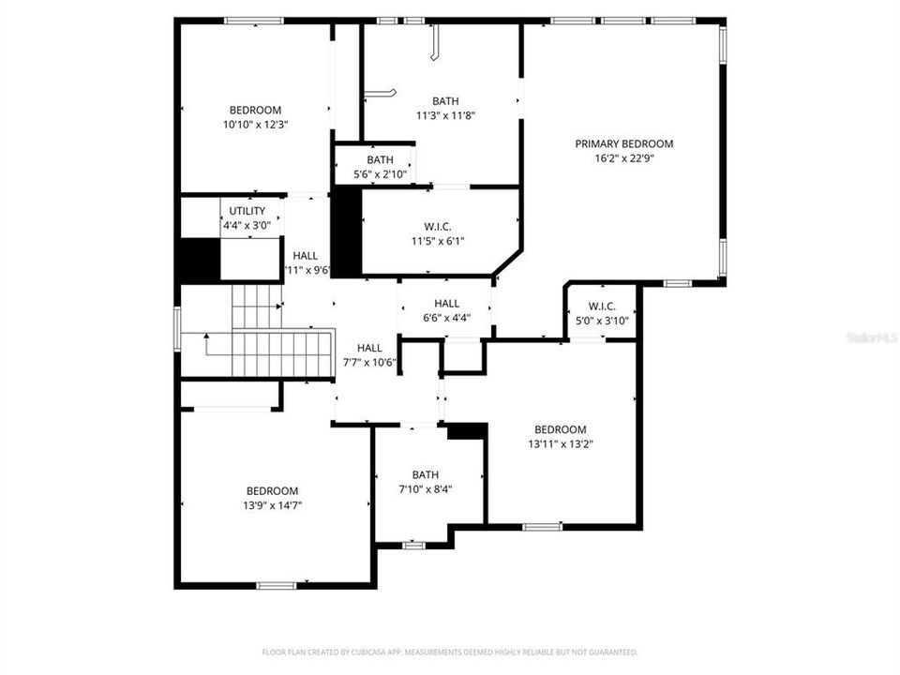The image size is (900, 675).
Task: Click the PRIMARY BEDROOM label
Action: (x=623, y=143)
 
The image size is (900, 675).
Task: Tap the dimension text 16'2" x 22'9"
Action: (x=623, y=158)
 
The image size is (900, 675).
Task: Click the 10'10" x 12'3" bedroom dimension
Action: (x=255, y=124)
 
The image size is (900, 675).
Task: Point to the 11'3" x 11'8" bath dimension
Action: (x=445, y=115)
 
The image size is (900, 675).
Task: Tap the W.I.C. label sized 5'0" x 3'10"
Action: (x=601, y=307)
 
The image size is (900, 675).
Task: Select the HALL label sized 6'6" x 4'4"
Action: (x=446, y=303)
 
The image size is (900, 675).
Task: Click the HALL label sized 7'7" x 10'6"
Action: (x=369, y=348)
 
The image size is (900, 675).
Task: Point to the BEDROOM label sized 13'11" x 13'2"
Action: (x=560, y=429)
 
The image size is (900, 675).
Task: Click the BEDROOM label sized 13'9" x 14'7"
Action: (x=273, y=490)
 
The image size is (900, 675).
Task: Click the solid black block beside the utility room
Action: (x=200, y=260)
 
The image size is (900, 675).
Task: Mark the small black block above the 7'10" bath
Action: (x=466, y=430)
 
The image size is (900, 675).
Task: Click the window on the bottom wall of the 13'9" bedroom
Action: (x=277, y=586)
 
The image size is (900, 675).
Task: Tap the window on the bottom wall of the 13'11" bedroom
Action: (x=542, y=527)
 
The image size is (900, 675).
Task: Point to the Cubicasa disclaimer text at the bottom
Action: (x=450, y=652)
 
